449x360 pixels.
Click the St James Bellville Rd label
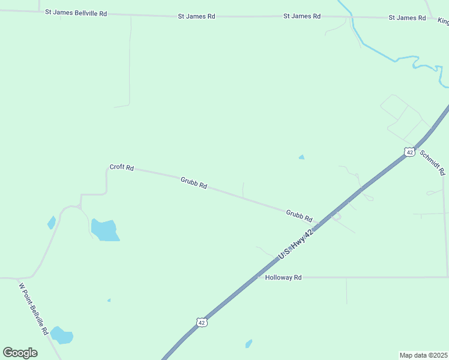coord(76,13)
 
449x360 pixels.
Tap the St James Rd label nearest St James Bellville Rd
coord(196,16)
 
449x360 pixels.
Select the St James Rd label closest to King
coord(407,18)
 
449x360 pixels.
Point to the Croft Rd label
coord(121,167)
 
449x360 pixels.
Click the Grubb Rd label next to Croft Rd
coord(193,182)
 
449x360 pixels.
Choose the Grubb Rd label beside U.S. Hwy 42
coord(299,215)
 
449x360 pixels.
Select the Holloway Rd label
coord(283,278)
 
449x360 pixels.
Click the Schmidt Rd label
coord(432,162)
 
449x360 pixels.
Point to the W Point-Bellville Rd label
coord(33,308)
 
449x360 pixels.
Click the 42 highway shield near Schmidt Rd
coord(409,152)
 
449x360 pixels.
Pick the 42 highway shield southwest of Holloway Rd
coord(202,323)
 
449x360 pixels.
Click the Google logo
coord(20,353)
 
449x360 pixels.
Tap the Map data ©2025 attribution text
coord(423,355)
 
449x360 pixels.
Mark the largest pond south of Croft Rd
coord(104,230)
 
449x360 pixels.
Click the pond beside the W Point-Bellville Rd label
coord(61,335)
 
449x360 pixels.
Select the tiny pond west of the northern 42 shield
coord(301,158)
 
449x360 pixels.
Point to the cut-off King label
coord(443,22)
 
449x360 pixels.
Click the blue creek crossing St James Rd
coord(352,17)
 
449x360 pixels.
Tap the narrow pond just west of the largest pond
coord(52,223)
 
